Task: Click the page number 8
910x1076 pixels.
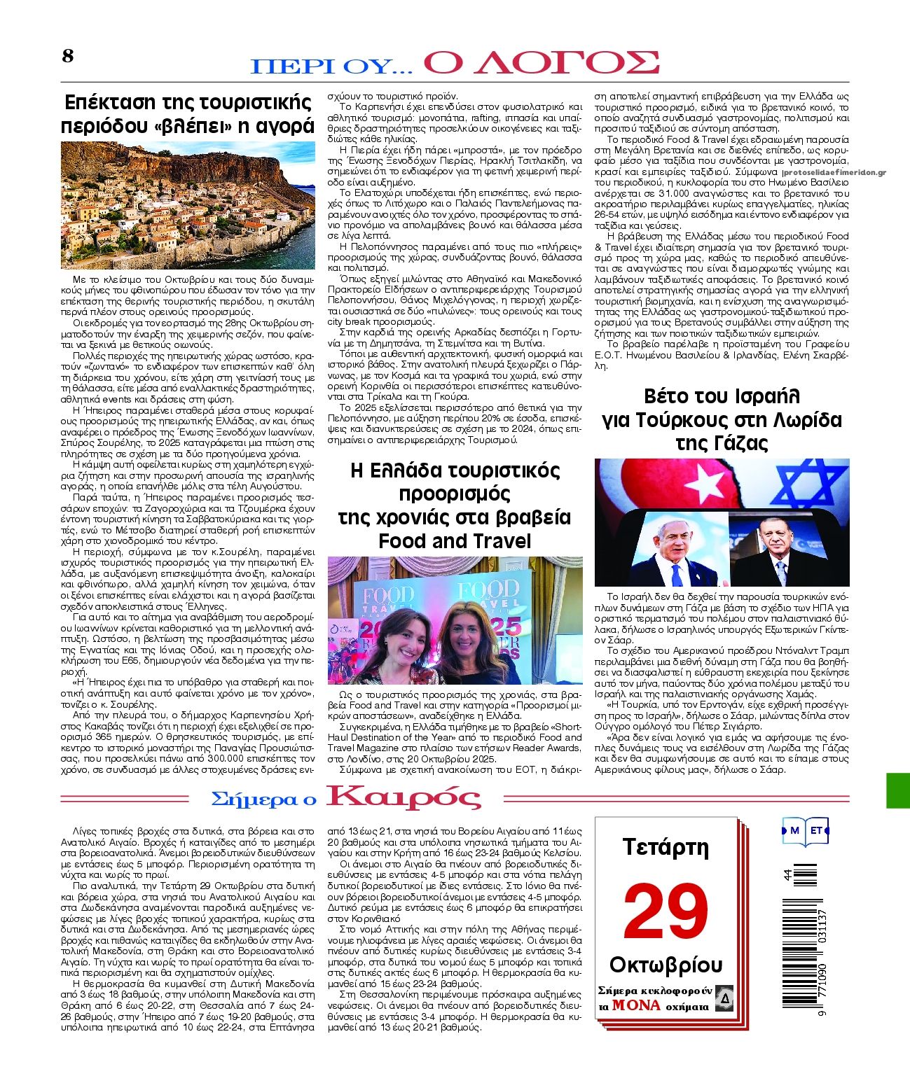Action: click(67, 56)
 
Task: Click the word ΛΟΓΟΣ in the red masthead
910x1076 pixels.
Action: click(542, 62)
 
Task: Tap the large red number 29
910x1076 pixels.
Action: click(666, 913)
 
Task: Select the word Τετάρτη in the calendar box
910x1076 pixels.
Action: click(666, 848)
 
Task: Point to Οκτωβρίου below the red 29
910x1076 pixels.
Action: click(666, 965)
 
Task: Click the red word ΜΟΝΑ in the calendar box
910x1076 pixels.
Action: click(636, 1005)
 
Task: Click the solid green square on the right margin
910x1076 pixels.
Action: click(897, 790)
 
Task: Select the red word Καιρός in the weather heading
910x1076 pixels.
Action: click(404, 798)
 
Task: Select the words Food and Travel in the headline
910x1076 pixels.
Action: click(455, 540)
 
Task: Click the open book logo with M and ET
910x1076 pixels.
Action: click(805, 831)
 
